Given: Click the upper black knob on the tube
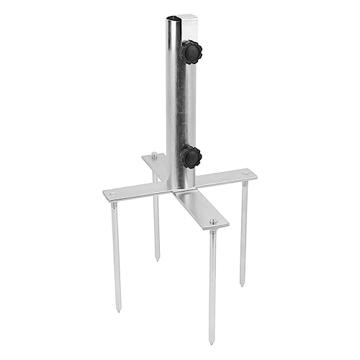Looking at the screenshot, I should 192,52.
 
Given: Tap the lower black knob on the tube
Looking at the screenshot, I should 192,157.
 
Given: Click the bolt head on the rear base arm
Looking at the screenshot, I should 155,154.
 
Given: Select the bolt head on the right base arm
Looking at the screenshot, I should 246,174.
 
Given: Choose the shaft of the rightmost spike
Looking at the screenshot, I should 243,230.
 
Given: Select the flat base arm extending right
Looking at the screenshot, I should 227,177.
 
